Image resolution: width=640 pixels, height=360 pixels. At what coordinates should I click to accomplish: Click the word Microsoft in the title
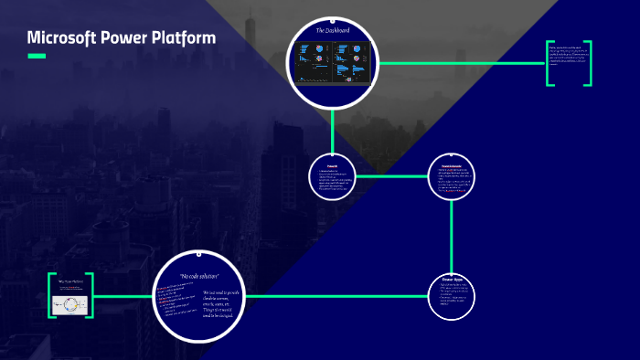coord(67,38)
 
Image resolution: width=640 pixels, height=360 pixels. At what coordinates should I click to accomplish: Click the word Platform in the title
coord(182,38)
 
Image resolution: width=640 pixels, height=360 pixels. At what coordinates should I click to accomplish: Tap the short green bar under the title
coord(37,57)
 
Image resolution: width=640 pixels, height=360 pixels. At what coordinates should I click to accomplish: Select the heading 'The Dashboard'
coord(333,30)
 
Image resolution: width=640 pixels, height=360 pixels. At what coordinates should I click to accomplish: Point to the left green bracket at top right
coord(550,63)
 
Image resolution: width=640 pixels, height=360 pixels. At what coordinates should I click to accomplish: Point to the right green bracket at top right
coord(587,63)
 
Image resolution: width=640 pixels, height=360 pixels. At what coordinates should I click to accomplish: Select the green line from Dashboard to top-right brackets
coord(462,63)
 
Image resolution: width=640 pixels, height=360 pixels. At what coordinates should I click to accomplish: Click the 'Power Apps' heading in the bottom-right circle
coord(453,279)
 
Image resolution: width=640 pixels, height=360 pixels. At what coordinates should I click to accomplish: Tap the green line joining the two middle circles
coord(391,175)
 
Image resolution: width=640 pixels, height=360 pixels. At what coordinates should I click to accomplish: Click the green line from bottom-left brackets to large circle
coord(123,296)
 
